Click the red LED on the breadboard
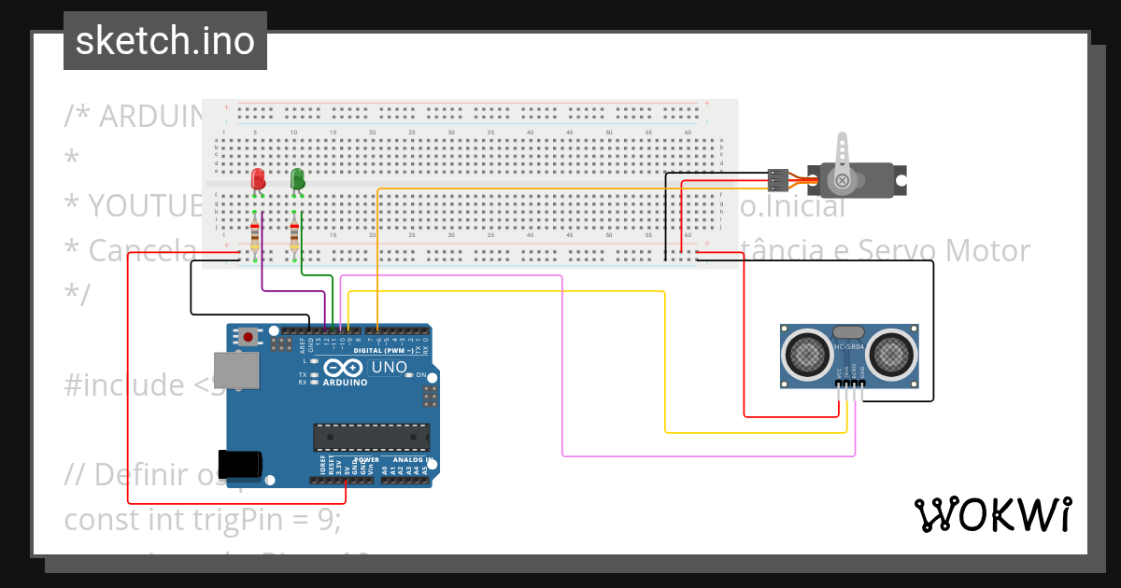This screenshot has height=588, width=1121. click(x=258, y=178)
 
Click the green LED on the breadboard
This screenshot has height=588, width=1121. click(x=297, y=178)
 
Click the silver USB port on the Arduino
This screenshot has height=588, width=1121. click(x=236, y=371)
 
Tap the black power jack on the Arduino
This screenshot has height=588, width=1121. click(x=240, y=464)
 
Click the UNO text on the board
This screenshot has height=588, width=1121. click(x=390, y=368)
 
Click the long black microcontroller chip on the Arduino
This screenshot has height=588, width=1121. click(x=371, y=437)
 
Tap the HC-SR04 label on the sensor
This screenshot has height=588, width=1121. click(x=848, y=349)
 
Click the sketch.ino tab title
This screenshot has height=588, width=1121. click(x=165, y=41)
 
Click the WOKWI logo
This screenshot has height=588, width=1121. click(x=993, y=514)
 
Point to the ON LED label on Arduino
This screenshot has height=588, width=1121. click(x=421, y=375)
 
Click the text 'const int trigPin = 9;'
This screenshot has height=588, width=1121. click(x=203, y=519)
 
